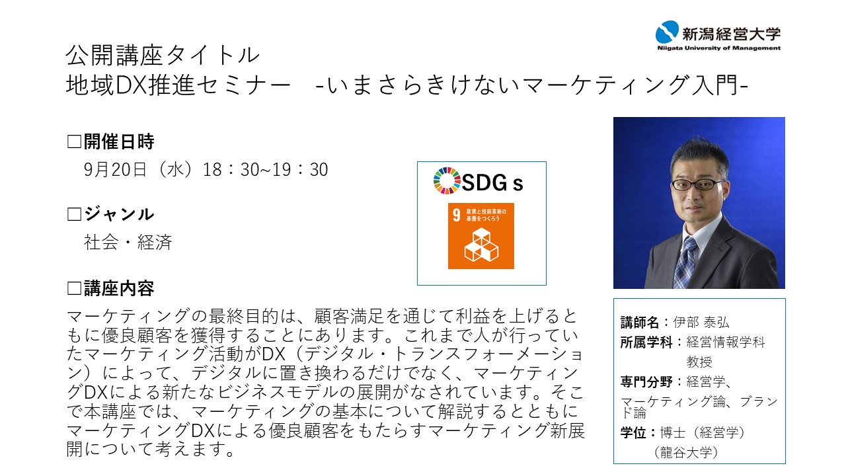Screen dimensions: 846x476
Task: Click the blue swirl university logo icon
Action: (x=667, y=32)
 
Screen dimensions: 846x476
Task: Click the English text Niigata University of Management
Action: (x=718, y=48)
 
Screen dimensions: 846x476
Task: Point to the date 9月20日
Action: (x=115, y=170)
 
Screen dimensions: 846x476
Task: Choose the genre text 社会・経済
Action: (x=128, y=242)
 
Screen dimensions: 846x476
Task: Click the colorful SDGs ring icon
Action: (x=447, y=180)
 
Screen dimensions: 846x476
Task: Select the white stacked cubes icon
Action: (x=481, y=245)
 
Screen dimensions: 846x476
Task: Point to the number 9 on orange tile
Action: (x=457, y=215)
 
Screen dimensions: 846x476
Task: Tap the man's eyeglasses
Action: (x=697, y=184)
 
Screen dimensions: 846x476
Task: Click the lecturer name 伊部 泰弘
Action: (x=701, y=322)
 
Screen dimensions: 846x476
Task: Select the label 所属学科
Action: (x=646, y=342)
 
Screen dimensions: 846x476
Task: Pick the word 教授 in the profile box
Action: (x=699, y=362)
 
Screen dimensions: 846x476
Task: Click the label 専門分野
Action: (x=646, y=382)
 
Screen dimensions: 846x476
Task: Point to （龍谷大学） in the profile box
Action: (x=685, y=452)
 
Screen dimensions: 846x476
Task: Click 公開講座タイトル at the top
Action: (x=163, y=55)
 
